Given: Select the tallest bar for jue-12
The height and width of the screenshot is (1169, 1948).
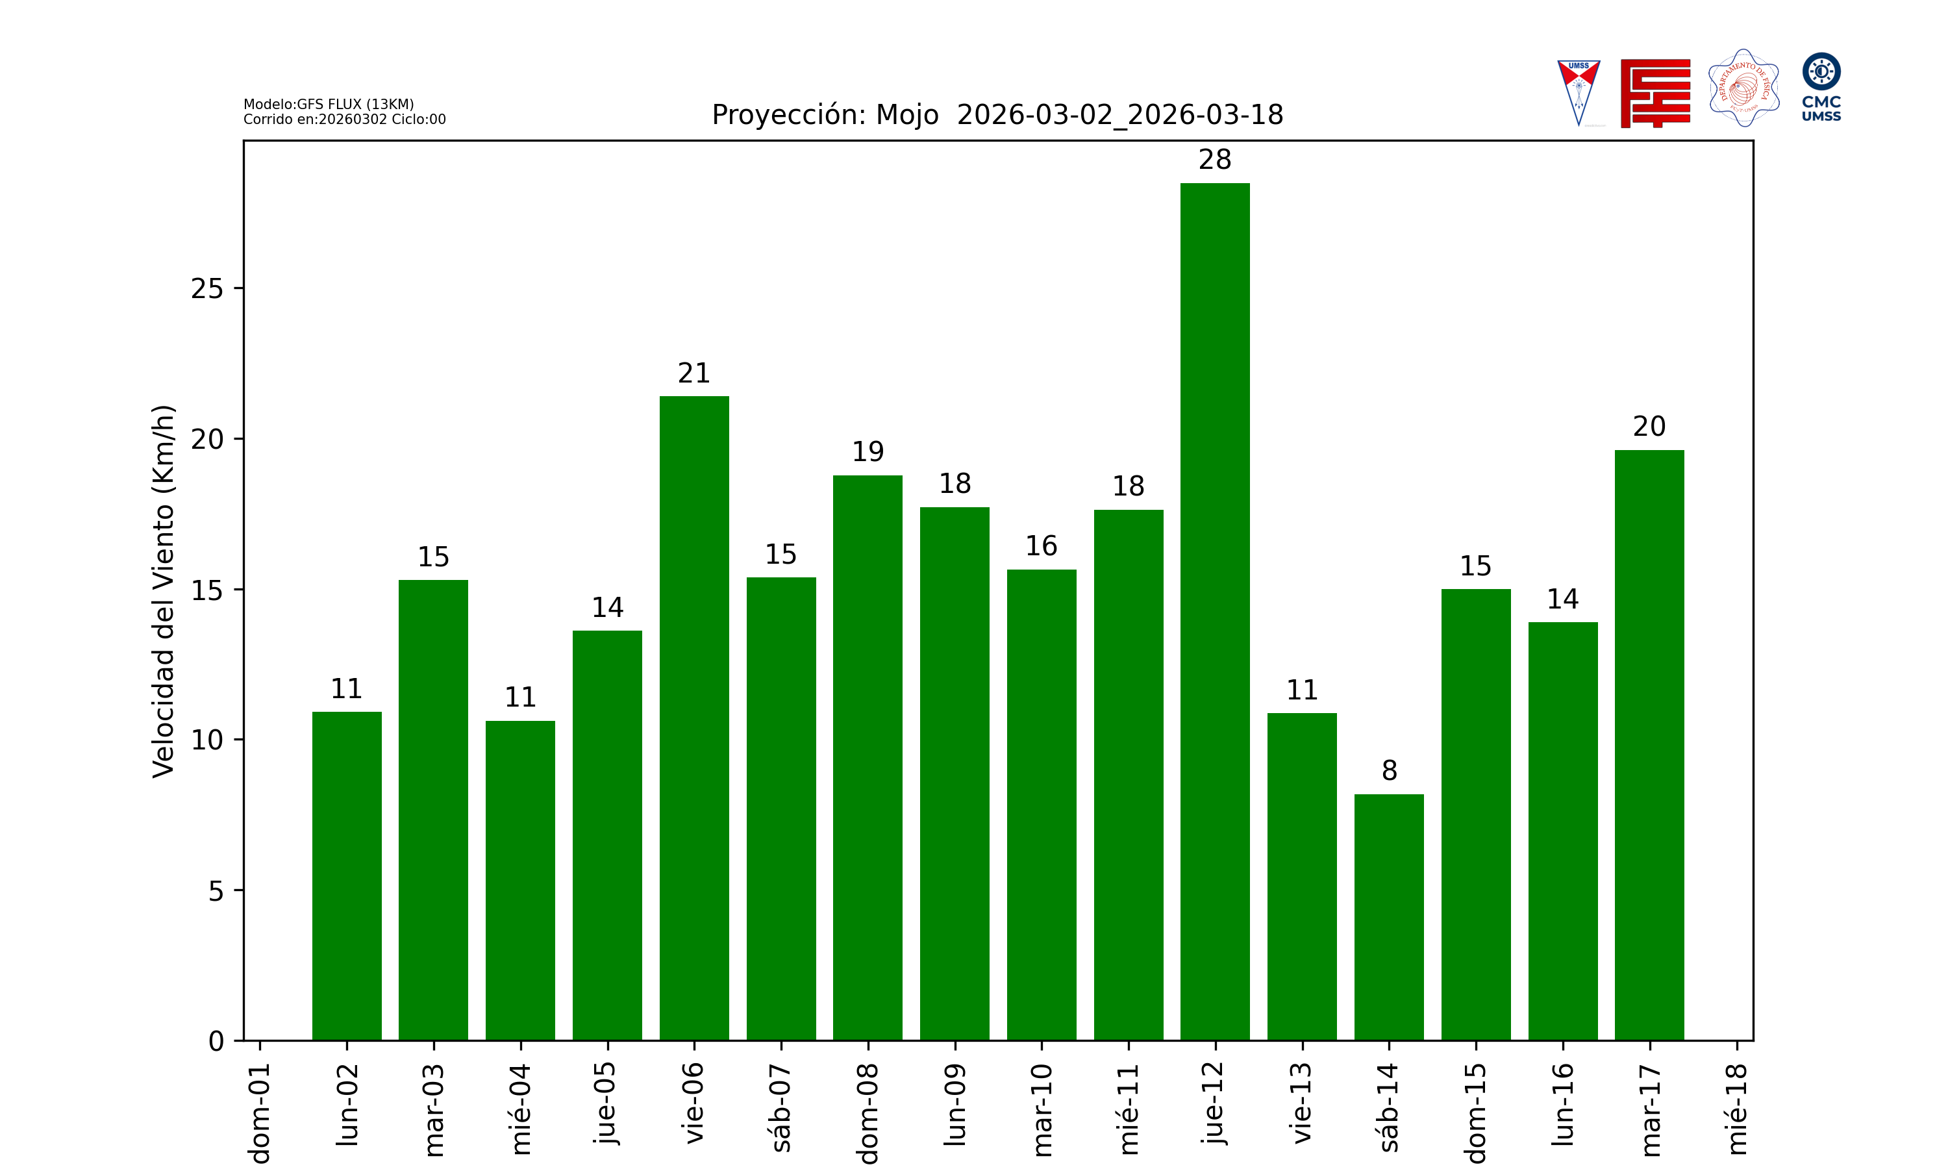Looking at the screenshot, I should pyautogui.click(x=1214, y=611).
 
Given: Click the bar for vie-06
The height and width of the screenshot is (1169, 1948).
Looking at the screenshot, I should pyautogui.click(x=693, y=718).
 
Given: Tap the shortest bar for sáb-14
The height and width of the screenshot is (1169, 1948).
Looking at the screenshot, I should pyautogui.click(x=1388, y=917).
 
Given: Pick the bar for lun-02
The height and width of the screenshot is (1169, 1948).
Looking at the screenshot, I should pyautogui.click(x=347, y=876).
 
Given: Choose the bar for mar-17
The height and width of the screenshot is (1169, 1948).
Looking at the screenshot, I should pyautogui.click(x=1649, y=744).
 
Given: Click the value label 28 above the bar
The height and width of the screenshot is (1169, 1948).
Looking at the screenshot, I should pyautogui.click(x=1214, y=160).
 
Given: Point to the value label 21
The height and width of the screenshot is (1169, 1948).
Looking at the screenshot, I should pyautogui.click(x=693, y=373).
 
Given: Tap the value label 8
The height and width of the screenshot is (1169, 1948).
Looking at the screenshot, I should pyautogui.click(x=1389, y=770).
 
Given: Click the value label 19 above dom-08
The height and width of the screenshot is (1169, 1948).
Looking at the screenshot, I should pyautogui.click(x=868, y=452).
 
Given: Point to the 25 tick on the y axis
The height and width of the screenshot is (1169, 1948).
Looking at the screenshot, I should pyautogui.click(x=207, y=289).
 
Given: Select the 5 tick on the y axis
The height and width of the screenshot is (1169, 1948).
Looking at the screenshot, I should pyautogui.click(x=216, y=891).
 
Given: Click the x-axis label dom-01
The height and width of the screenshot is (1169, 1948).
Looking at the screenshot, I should pyautogui.click(x=260, y=1112).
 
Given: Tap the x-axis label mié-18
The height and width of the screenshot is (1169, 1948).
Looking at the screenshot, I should pyautogui.click(x=1736, y=1109).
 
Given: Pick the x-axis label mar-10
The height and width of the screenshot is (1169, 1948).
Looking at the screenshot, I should pyautogui.click(x=1042, y=1109).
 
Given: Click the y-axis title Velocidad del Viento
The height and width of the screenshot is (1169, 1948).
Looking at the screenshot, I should pyautogui.click(x=163, y=591).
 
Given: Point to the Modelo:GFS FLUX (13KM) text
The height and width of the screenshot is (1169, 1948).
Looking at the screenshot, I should pyautogui.click(x=329, y=104).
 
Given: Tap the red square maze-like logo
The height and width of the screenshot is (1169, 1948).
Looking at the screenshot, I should pyautogui.click(x=1655, y=93).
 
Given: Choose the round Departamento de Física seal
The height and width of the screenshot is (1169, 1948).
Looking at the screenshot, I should pyautogui.click(x=1743, y=88).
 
